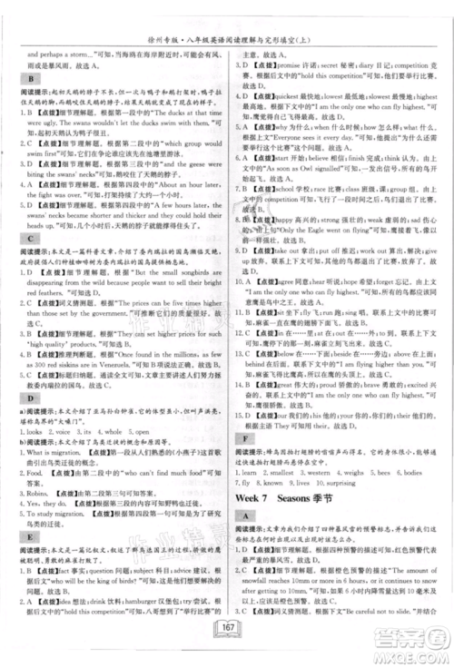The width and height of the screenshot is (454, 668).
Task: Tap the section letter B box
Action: [x=18, y=79]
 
